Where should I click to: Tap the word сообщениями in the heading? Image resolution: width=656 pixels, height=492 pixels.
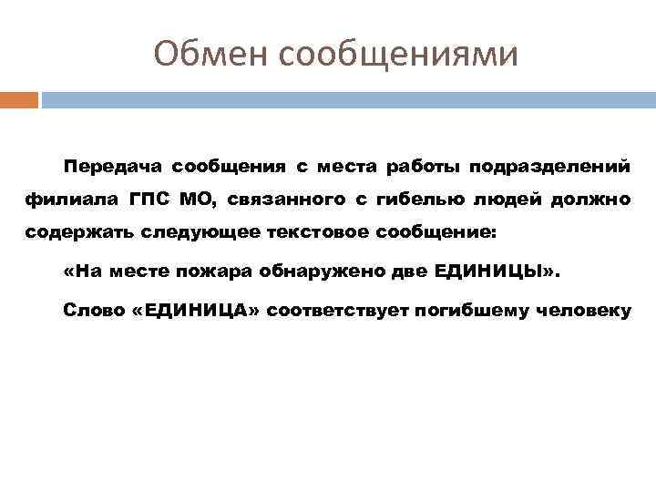pyautogui.click(x=398, y=55)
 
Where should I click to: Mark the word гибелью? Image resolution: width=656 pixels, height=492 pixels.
pyautogui.click(x=419, y=200)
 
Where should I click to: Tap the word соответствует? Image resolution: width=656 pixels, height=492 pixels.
pyautogui.click(x=340, y=310)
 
